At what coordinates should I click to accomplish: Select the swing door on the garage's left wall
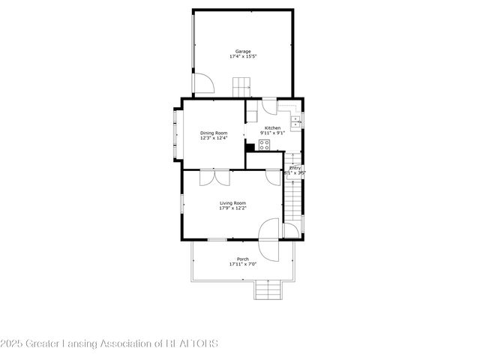201,83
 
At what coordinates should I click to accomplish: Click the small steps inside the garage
241,87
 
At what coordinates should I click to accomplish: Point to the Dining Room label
212,133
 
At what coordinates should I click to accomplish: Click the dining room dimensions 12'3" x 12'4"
212,138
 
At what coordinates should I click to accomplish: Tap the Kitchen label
272,127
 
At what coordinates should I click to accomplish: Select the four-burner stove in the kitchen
265,144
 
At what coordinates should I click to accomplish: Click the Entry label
295,167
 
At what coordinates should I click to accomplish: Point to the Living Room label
232,202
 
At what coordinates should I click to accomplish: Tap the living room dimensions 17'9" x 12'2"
232,208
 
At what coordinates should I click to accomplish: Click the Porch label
243,259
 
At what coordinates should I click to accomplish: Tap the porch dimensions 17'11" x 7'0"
243,264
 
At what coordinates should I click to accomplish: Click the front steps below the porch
267,289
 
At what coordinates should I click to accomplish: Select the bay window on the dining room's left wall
177,133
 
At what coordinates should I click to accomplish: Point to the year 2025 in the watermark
10,343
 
